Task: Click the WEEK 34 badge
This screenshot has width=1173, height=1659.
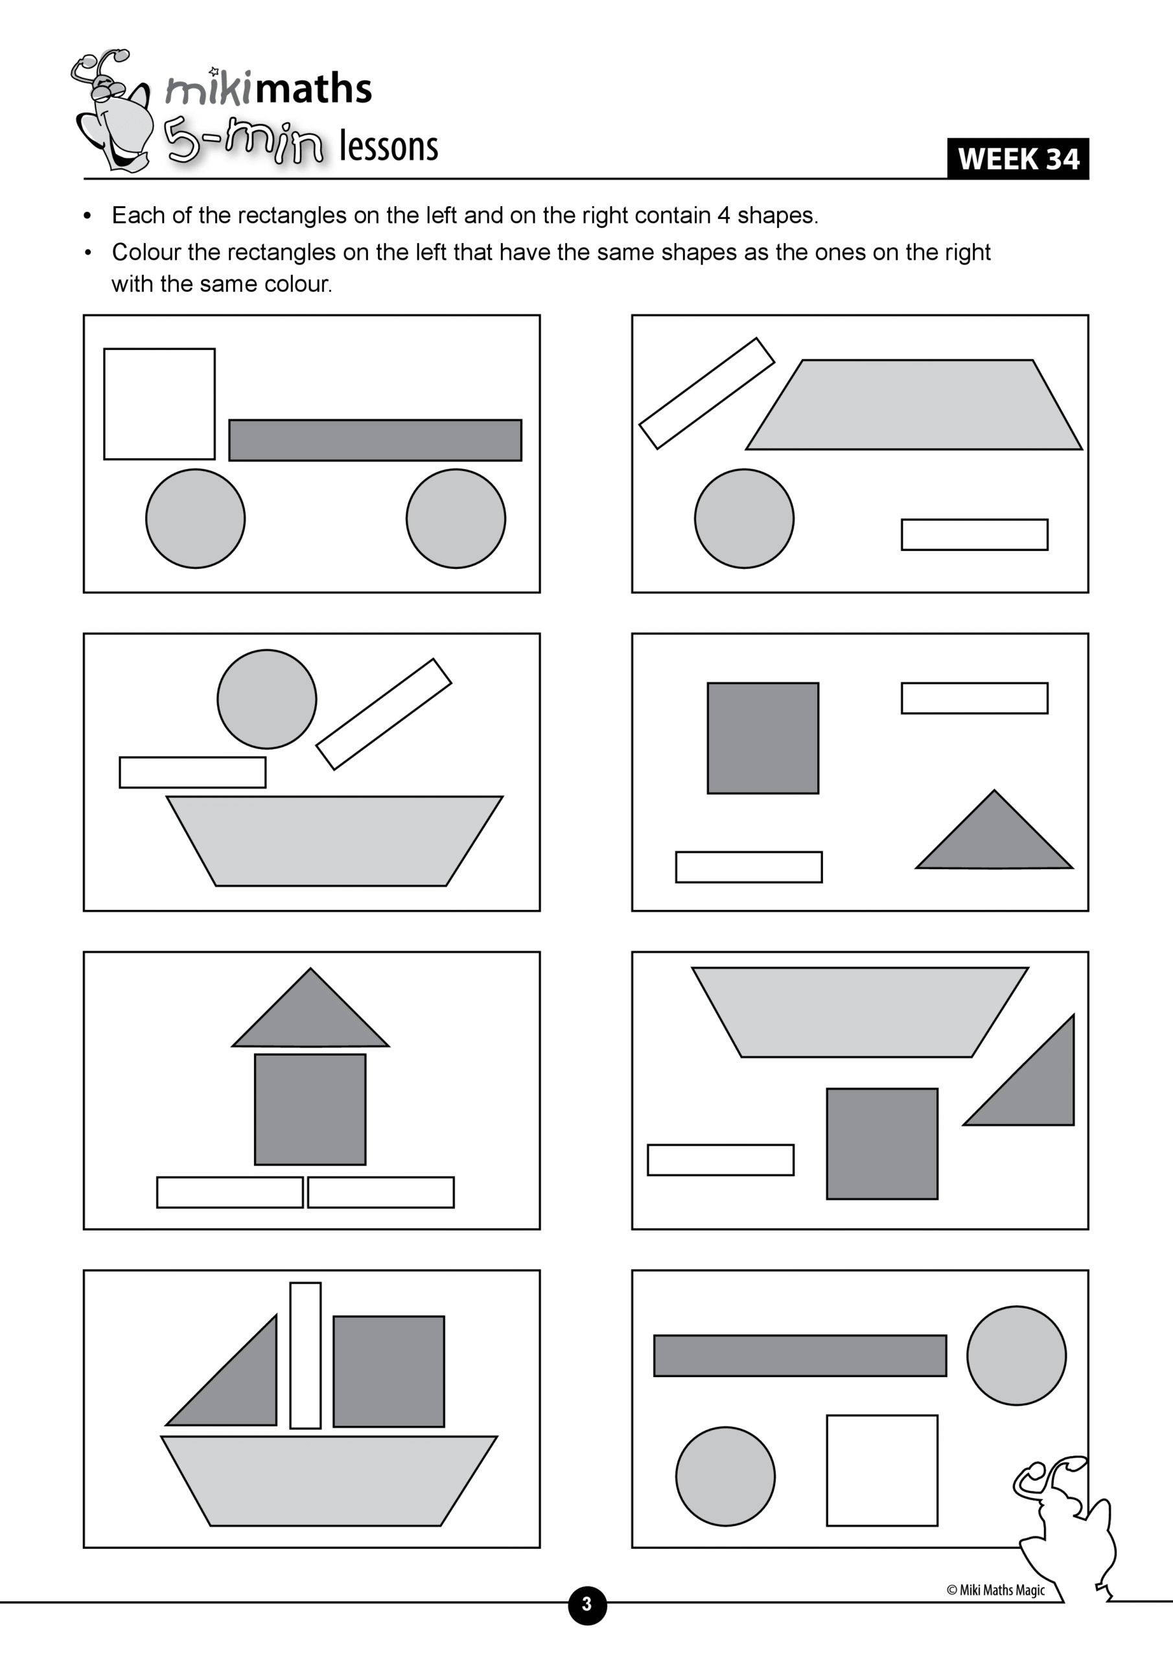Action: (x=1017, y=159)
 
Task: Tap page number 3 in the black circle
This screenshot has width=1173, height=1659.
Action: (x=587, y=1605)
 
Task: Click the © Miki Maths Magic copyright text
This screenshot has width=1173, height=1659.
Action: (x=995, y=1590)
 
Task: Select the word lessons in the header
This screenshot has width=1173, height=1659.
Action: (x=388, y=146)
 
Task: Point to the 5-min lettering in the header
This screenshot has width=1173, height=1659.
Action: (x=242, y=141)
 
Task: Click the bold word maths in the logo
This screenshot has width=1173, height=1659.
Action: (x=313, y=89)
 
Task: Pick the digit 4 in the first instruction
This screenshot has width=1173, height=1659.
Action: (x=723, y=215)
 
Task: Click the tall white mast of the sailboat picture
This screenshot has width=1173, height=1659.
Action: (x=305, y=1356)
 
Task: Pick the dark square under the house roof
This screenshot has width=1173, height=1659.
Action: (x=310, y=1109)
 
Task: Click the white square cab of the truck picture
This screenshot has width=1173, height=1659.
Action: (x=159, y=404)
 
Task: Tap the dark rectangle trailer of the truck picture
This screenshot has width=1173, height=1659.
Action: (x=375, y=440)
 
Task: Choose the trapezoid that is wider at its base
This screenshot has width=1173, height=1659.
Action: (x=914, y=404)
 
